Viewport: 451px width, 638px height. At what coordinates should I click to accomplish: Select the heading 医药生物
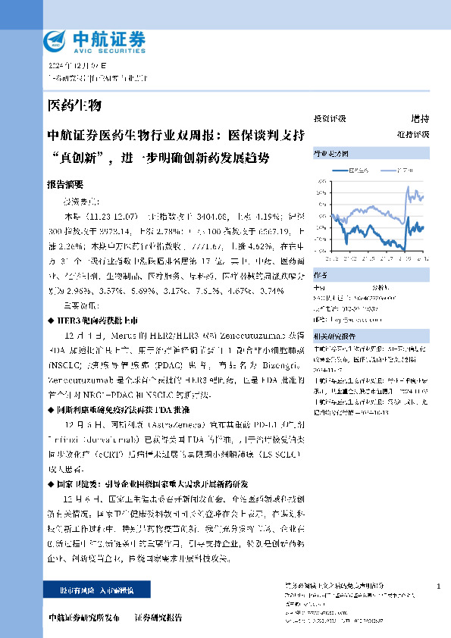pyautogui.click(x=74, y=105)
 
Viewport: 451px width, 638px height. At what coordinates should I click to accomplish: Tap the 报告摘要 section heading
pyautogui.click(x=67, y=185)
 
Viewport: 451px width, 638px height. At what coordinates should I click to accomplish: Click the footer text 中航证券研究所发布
pyautogui.click(x=83, y=618)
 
